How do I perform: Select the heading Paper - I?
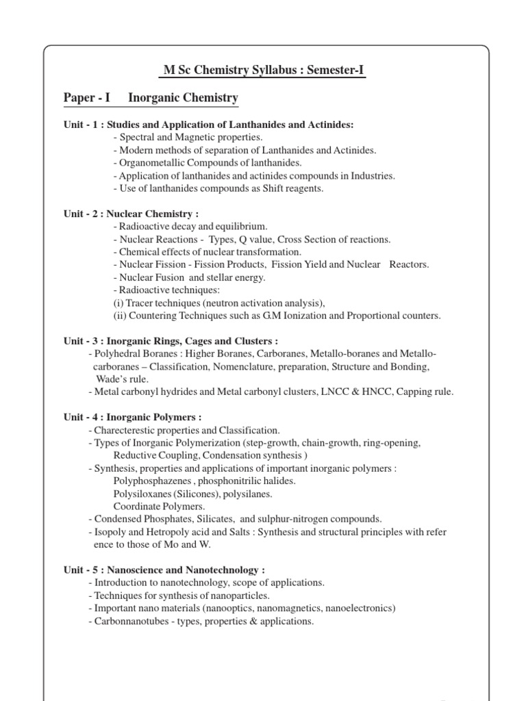tap(86, 99)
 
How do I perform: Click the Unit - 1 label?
tap(81, 125)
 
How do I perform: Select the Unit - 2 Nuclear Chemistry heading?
tap(131, 214)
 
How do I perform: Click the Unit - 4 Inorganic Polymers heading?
tap(132, 417)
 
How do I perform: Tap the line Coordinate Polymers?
tap(159, 507)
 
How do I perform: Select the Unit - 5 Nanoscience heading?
tap(164, 570)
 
